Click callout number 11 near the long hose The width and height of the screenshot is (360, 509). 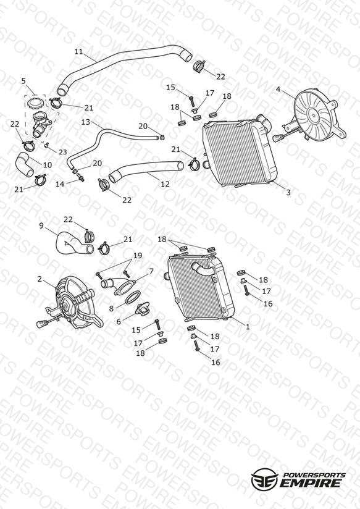point(78,52)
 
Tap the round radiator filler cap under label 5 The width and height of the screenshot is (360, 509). point(35,104)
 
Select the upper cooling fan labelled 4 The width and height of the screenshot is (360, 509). point(314,117)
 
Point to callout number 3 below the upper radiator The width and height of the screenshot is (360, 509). point(288,192)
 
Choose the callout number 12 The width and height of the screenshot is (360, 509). point(165,184)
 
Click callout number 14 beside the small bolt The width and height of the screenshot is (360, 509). point(60,184)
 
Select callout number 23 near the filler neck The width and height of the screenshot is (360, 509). point(62,152)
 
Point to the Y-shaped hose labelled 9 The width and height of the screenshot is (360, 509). point(75,244)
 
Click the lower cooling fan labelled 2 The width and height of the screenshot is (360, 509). point(73,303)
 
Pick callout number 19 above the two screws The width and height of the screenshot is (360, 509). point(138,256)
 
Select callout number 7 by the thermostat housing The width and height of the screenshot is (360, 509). point(151,271)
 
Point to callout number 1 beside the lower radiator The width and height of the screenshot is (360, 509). point(248,327)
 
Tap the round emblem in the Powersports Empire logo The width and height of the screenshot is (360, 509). point(264,479)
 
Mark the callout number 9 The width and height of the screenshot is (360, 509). point(41,225)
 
